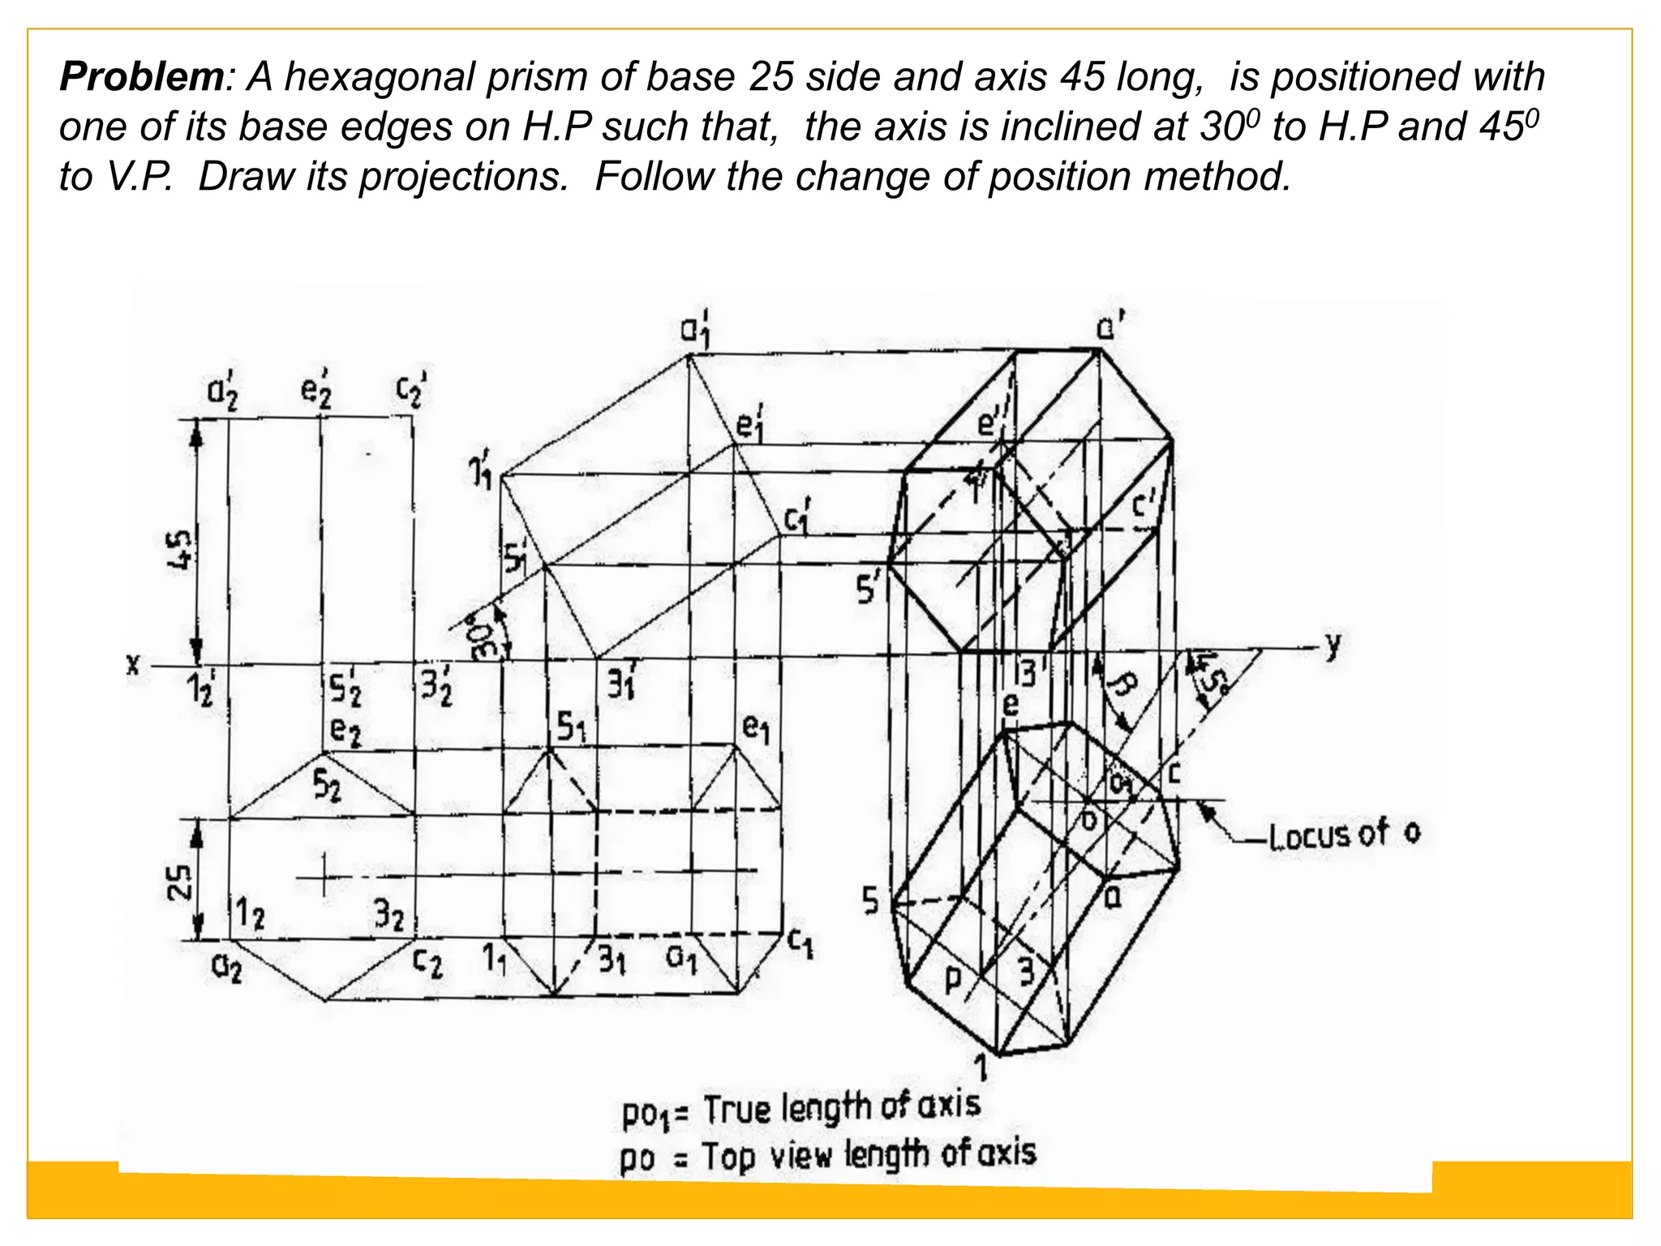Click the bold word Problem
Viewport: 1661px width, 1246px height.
(x=141, y=78)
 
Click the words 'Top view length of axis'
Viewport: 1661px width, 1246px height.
(x=868, y=1154)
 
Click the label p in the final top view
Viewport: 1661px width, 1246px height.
(x=954, y=981)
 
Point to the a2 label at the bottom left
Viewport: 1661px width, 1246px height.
(x=226, y=967)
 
